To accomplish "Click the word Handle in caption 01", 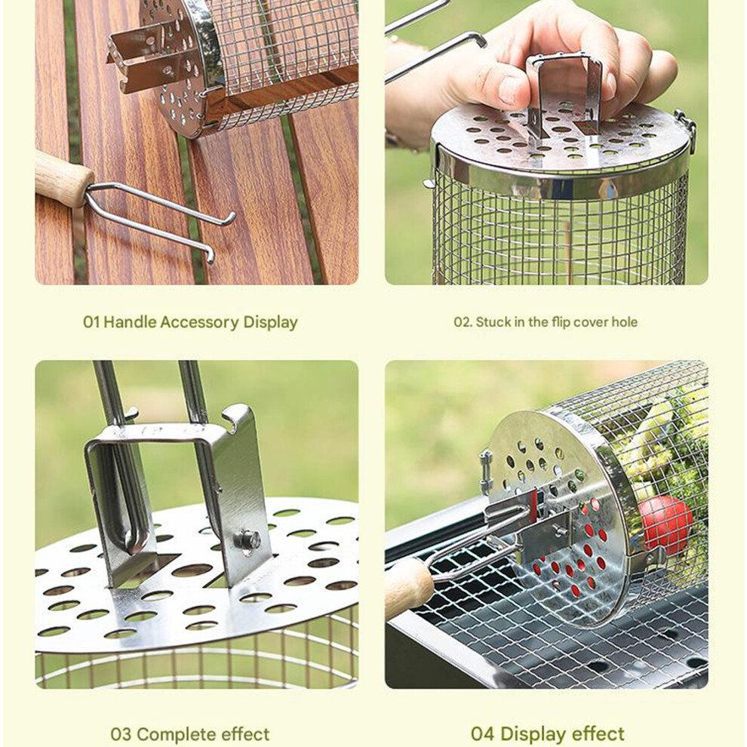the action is [x=130, y=322].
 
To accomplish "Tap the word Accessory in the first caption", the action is [x=200, y=322].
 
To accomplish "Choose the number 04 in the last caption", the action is [x=483, y=733].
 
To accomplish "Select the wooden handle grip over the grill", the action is [x=409, y=588].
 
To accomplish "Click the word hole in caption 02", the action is [x=625, y=322].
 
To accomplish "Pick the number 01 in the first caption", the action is [x=91, y=322].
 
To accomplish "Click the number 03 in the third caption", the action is [x=121, y=734].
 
